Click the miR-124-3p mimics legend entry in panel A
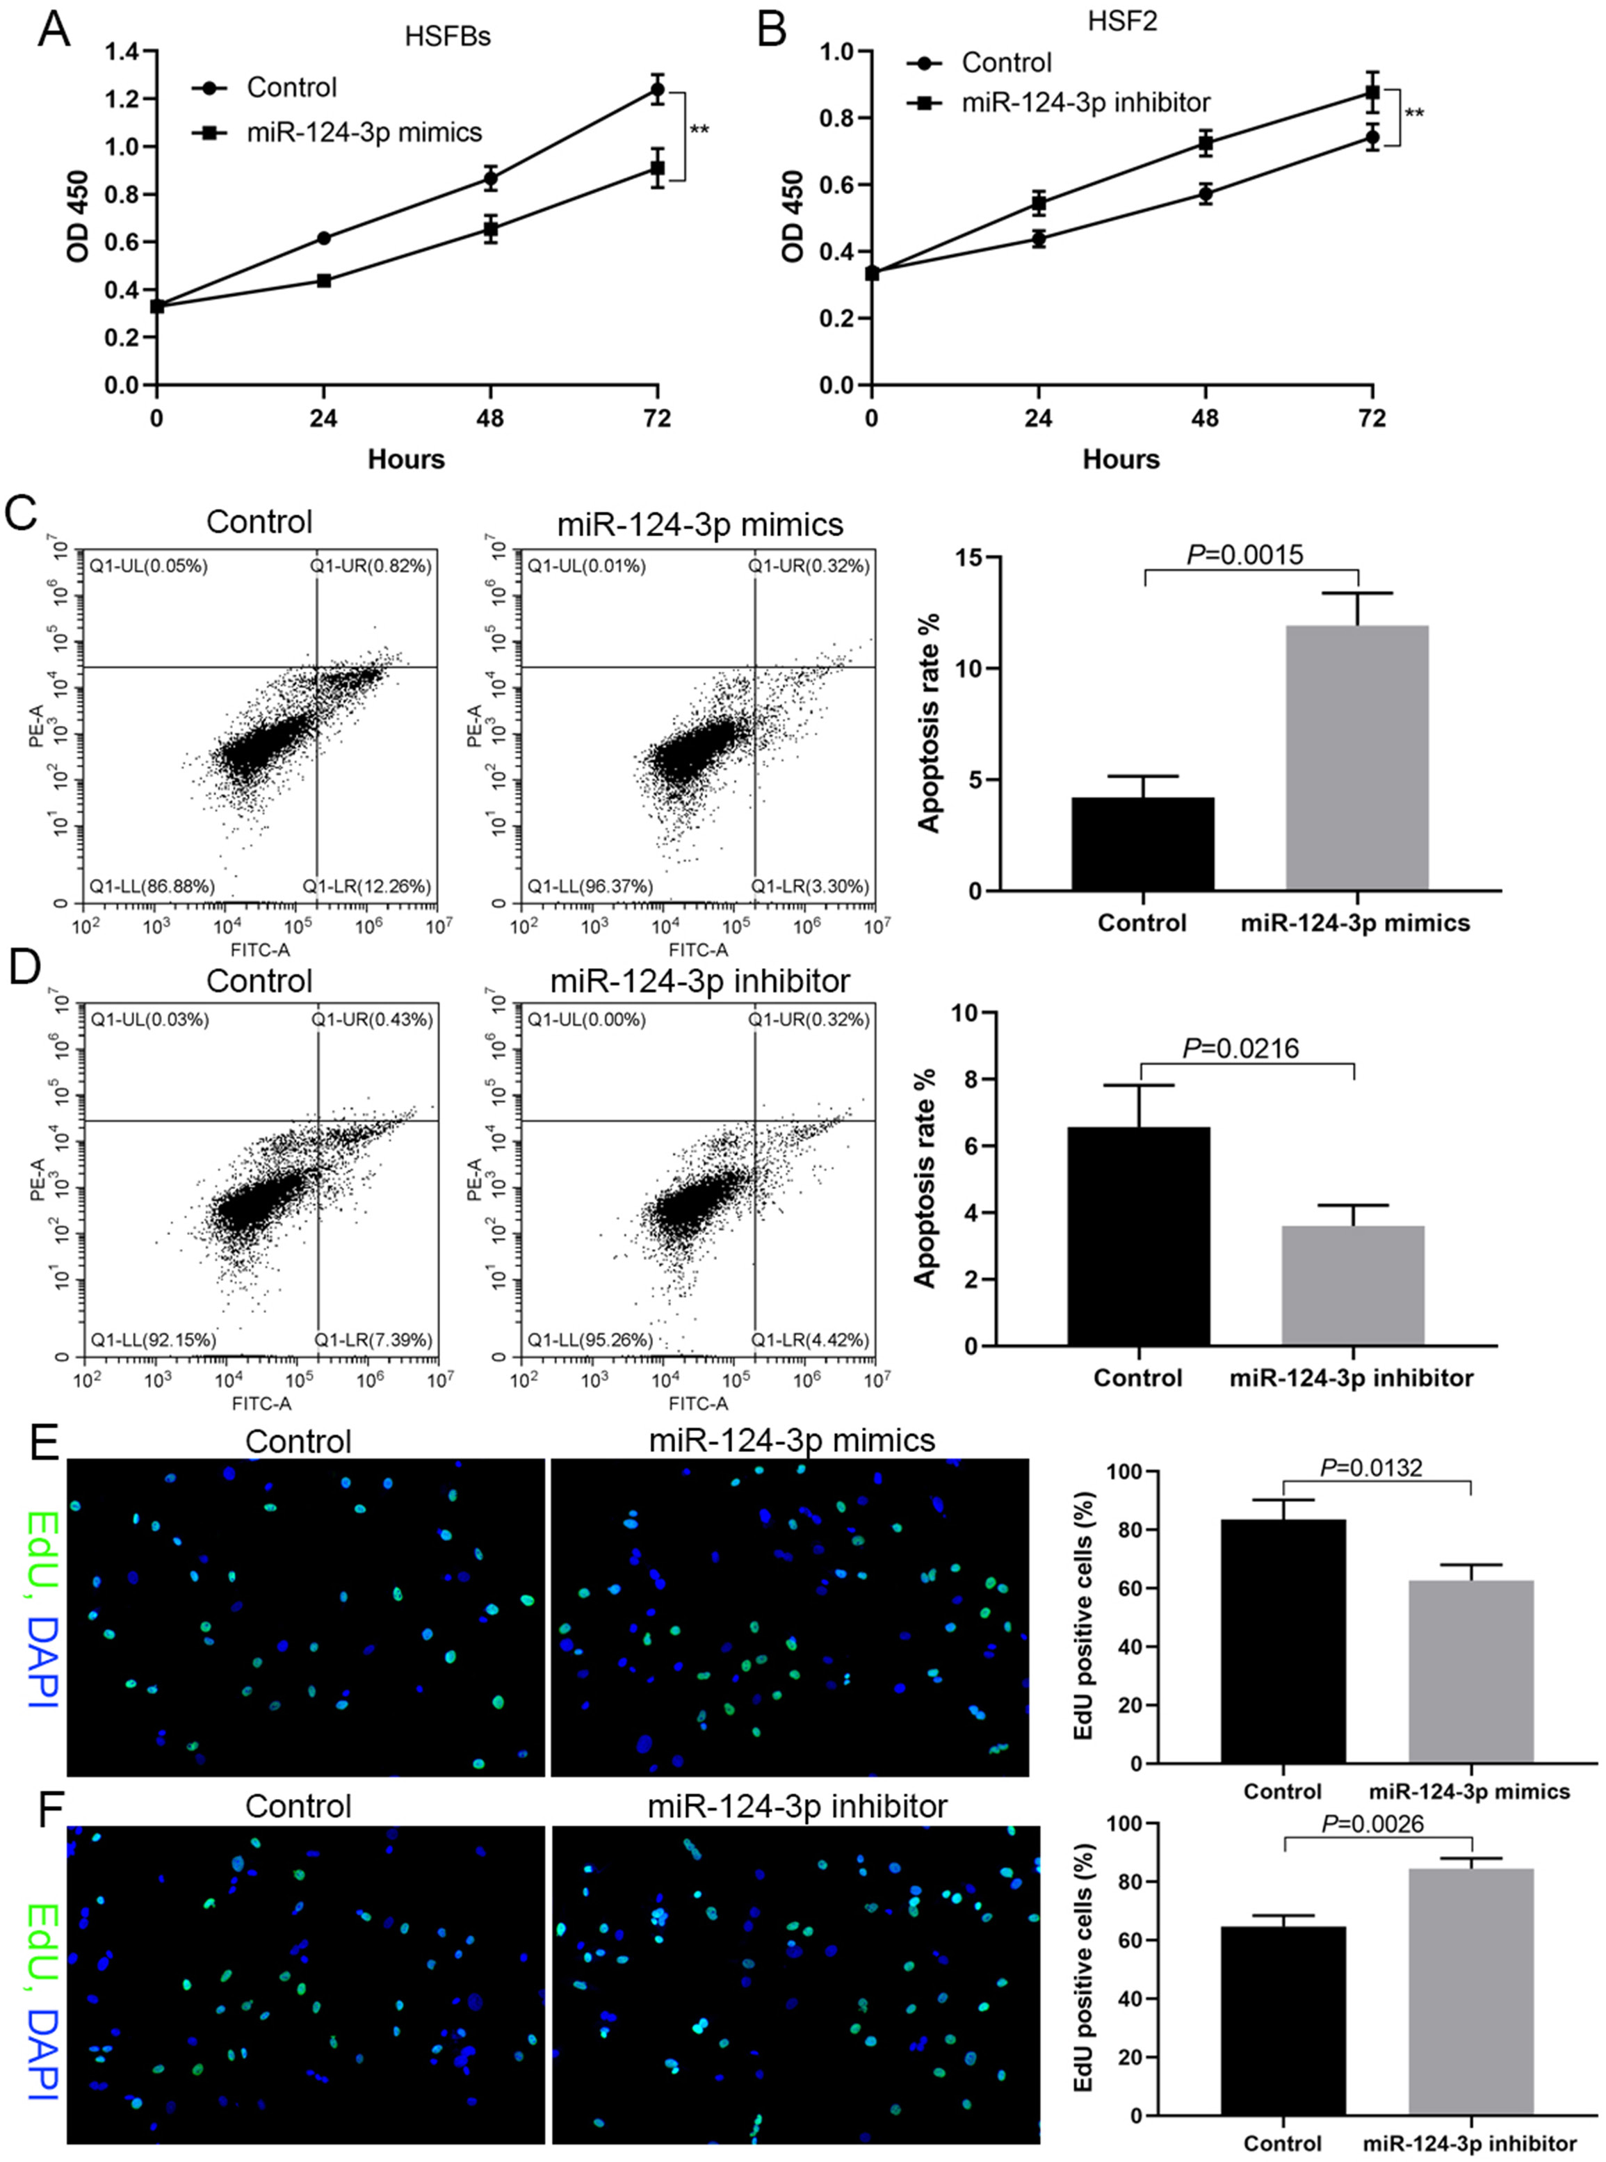[x=364, y=132]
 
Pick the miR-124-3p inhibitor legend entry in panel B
[x=1086, y=102]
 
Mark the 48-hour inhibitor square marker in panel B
[x=1206, y=144]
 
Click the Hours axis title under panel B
[x=1121, y=459]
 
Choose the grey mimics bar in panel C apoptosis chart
[x=1357, y=757]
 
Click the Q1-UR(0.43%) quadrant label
[x=373, y=1019]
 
